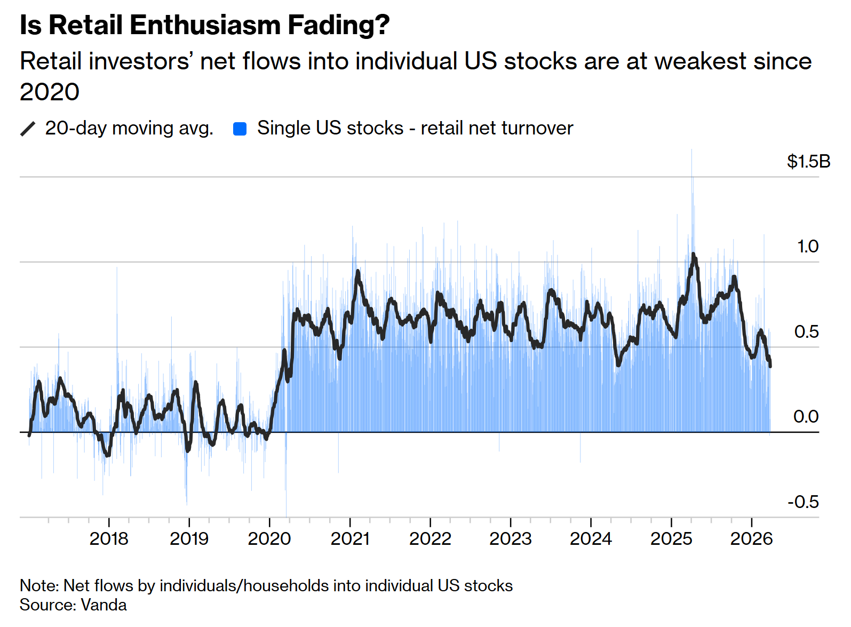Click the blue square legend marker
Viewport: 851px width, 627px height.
pos(240,129)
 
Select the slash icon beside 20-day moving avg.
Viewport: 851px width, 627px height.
pos(28,129)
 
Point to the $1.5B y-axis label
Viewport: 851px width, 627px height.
pos(808,161)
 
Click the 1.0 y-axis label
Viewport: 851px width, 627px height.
pos(807,247)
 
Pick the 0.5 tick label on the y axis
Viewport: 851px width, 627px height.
pos(806,331)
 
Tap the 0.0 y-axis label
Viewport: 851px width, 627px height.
pos(806,416)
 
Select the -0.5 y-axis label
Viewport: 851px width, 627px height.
pos(803,502)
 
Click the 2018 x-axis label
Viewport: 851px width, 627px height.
pos(109,538)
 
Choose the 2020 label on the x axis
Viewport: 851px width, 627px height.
pos(269,538)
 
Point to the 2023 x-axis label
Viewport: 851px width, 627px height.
pos(511,538)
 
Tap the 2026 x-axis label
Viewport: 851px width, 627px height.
pos(751,538)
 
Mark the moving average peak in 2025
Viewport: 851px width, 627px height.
pos(693,255)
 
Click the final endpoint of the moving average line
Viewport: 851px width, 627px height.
pos(770,366)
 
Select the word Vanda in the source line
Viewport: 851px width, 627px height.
pos(104,605)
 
